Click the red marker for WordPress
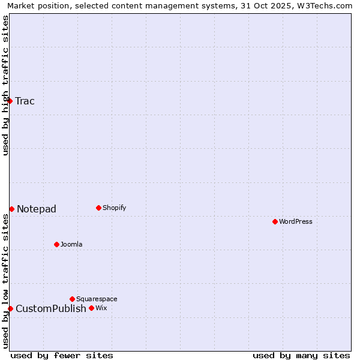click(x=275, y=221)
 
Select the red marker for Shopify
click(x=98, y=208)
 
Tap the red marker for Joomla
click(x=56, y=244)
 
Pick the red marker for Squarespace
click(x=72, y=299)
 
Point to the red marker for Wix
click(x=91, y=308)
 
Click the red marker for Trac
click(x=10, y=101)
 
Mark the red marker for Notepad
click(x=11, y=209)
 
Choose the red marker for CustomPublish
click(x=10, y=308)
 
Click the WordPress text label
click(x=296, y=221)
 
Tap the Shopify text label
click(x=115, y=208)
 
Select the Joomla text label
click(x=71, y=244)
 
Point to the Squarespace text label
click(x=97, y=299)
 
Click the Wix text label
click(x=101, y=308)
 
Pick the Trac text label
click(x=25, y=101)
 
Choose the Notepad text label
click(x=37, y=209)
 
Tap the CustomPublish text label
click(x=51, y=308)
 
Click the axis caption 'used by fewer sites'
click(x=62, y=355)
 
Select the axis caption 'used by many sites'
click(x=301, y=355)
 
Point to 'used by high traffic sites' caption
click(x=5, y=85)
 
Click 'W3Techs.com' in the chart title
click(x=324, y=5)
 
